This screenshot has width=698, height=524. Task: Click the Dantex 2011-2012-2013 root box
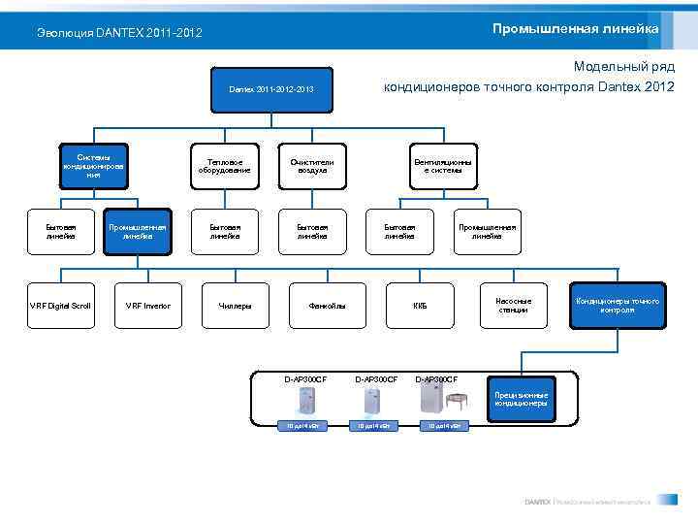[x=270, y=90]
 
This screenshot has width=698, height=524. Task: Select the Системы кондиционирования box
[x=93, y=166]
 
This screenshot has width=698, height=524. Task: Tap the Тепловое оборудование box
[x=224, y=166]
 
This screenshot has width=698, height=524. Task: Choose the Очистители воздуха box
[x=312, y=166]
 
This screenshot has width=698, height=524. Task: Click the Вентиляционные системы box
[x=443, y=166]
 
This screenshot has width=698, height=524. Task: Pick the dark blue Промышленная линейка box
[x=138, y=231]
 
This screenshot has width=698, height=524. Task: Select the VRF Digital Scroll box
[x=60, y=306]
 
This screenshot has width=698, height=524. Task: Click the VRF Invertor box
[x=147, y=306]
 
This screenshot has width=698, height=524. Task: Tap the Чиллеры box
[x=235, y=306]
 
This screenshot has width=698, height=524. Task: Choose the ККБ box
[x=420, y=306]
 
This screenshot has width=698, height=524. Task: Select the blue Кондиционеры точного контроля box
[x=618, y=306]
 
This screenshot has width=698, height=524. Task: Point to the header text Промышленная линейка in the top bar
[x=575, y=29]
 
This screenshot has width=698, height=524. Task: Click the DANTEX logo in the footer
[x=537, y=502]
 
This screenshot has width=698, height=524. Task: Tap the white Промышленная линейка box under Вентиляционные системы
[x=487, y=231]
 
